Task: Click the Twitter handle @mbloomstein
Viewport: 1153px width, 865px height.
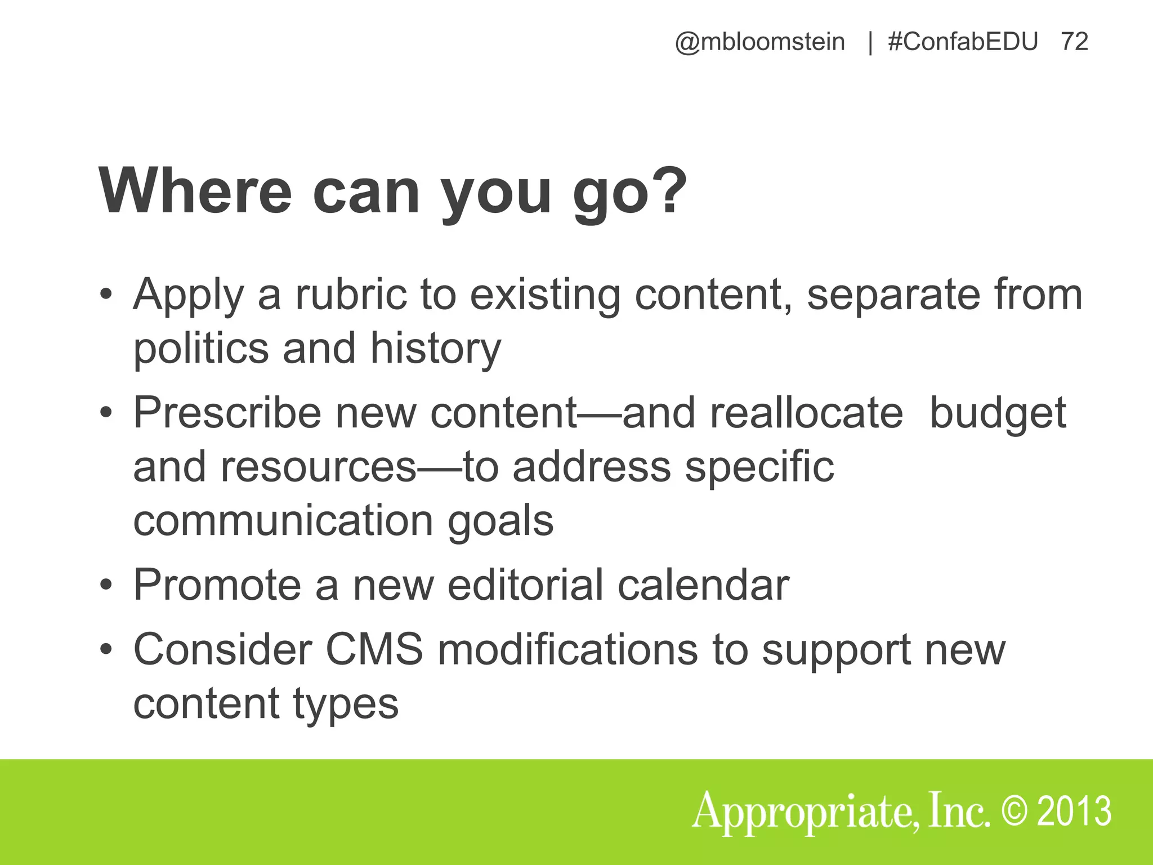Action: [759, 42]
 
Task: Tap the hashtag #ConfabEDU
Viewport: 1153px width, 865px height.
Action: [963, 42]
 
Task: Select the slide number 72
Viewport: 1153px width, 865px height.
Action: [1074, 42]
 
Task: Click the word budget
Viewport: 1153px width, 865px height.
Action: [998, 414]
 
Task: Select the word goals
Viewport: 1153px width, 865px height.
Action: [500, 521]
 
